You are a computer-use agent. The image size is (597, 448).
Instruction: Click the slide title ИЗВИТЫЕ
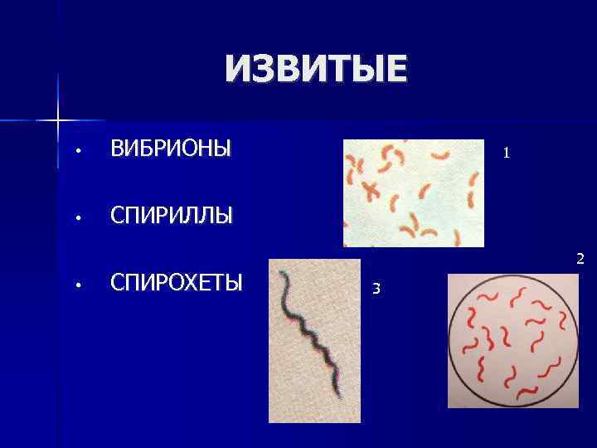coord(316,69)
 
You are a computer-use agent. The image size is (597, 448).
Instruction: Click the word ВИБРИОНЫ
coord(171,149)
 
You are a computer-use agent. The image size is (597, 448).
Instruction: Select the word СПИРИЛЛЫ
coord(172,216)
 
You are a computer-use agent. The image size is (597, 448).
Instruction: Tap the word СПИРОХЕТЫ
coord(177,282)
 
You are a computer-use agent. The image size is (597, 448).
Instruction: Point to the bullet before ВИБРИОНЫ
coord(75,152)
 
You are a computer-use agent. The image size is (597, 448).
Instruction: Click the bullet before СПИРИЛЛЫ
coord(75,218)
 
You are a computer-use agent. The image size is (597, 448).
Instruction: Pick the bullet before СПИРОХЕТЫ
coord(75,285)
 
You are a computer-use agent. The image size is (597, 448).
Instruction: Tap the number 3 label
coord(376,289)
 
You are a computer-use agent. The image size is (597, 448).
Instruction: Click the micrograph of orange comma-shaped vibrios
coord(413,192)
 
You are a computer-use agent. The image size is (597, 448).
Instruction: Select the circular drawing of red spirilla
coord(512,340)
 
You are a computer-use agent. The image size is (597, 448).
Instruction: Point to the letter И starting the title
coord(237,69)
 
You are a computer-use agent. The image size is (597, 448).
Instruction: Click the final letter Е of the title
coord(396,69)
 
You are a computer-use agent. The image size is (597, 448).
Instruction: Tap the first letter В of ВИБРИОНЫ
coord(117,149)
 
